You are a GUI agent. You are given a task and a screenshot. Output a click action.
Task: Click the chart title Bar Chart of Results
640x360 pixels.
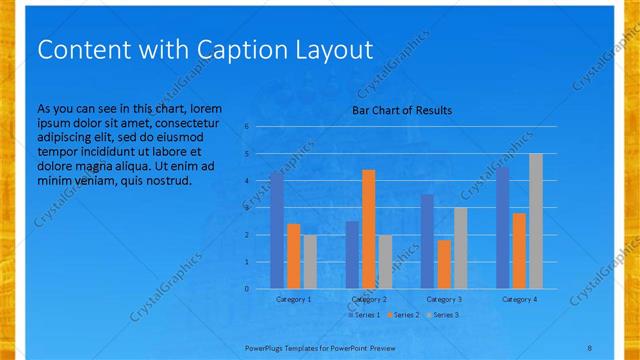401,110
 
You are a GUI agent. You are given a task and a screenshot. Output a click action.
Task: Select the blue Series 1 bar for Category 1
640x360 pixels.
277,231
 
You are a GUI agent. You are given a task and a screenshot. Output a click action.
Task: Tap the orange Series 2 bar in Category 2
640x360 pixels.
369,229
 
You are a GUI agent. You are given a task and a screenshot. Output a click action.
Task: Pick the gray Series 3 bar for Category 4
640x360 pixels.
536,221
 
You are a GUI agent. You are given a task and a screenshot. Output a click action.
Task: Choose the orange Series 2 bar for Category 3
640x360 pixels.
444,264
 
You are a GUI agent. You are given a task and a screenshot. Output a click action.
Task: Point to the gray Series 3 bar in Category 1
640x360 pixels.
310,262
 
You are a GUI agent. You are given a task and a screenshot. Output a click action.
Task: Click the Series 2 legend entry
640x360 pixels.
402,315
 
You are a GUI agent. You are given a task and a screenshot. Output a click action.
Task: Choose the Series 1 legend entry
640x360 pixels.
362,315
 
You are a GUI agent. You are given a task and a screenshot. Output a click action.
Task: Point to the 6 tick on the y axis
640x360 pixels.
246,127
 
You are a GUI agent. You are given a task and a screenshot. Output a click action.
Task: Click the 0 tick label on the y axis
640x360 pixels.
246,289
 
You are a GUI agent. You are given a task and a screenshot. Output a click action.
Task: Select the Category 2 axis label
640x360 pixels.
369,299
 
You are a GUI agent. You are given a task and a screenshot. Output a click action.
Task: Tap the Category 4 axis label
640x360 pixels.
519,299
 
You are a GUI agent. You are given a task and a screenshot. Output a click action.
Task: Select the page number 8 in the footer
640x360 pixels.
589,346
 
